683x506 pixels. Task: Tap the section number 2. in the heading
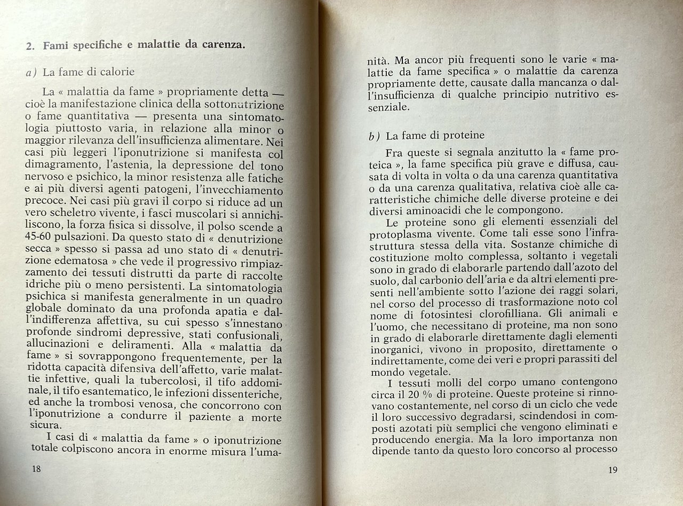(x=30, y=46)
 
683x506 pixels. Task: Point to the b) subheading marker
(x=375, y=136)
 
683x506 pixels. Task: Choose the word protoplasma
(x=400, y=233)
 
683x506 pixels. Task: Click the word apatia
(x=220, y=311)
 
